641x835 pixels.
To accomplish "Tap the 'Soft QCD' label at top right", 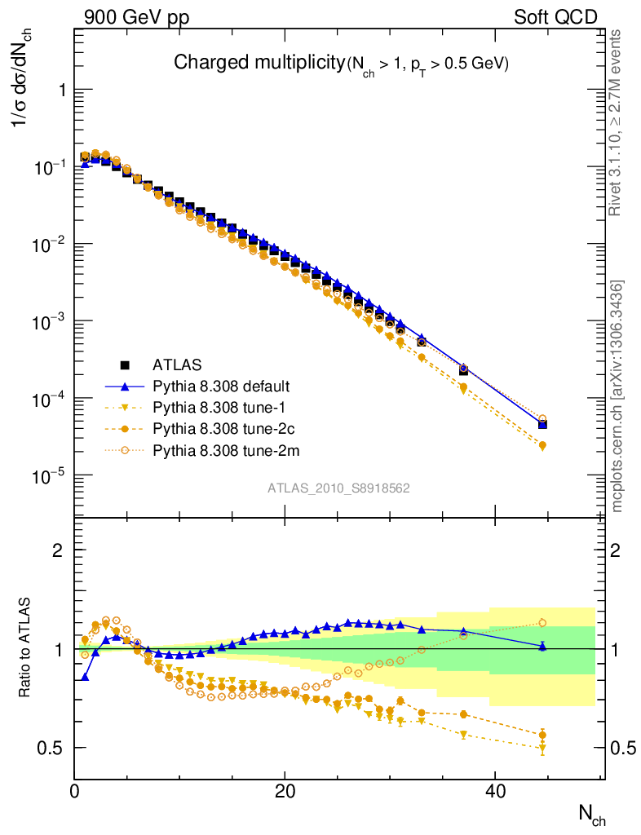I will click(555, 17).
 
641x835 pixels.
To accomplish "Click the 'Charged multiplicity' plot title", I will click(260, 63).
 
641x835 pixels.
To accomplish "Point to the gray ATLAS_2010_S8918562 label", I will click(338, 488).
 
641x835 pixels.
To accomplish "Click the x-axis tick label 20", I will click(284, 792).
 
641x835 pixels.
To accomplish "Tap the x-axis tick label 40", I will click(493, 792).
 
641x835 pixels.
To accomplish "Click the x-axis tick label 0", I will click(74, 792).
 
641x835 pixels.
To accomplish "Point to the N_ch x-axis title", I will click(591, 813).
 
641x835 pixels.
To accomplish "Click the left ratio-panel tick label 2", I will click(58, 550).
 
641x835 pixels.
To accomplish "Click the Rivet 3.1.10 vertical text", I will click(615, 122).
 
